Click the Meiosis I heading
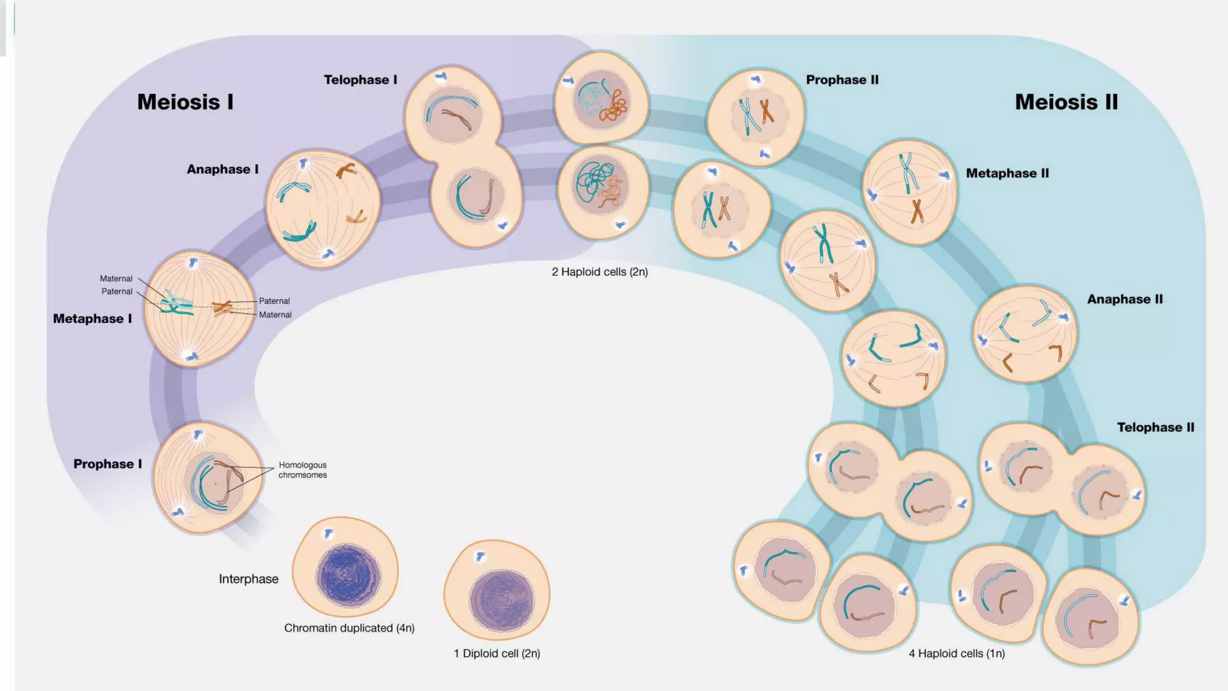click(x=185, y=102)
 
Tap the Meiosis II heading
click(x=1066, y=102)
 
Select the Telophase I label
click(x=360, y=80)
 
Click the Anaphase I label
click(x=222, y=169)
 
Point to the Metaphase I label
click(x=92, y=319)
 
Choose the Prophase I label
click(x=107, y=464)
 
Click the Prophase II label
click(x=842, y=80)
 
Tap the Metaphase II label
click(x=1007, y=173)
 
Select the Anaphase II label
click(x=1125, y=299)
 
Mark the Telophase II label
click(x=1155, y=427)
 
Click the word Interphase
click(x=248, y=579)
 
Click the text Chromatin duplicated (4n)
click(x=349, y=628)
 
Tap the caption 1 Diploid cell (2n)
click(x=496, y=653)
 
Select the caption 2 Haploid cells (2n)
click(x=600, y=272)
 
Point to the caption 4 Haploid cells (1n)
click(x=956, y=653)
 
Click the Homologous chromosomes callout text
click(x=302, y=470)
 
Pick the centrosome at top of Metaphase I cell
click(x=193, y=263)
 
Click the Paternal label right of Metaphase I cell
click(x=274, y=301)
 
